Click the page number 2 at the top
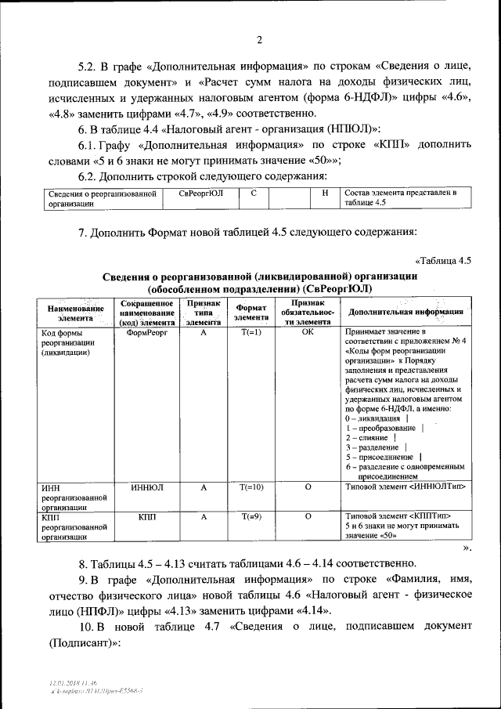(259, 40)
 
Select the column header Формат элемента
(250, 313)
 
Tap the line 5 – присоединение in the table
(380, 457)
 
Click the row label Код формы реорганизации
(67, 342)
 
